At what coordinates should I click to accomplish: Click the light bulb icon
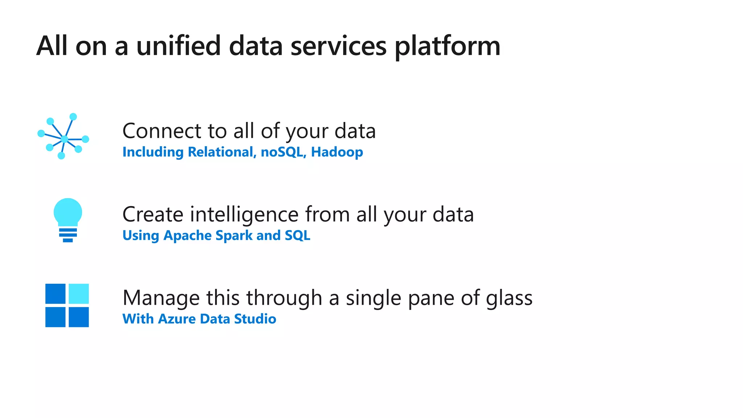(x=68, y=220)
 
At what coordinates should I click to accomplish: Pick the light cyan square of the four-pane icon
(x=79, y=294)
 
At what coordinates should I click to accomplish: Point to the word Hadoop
(x=337, y=152)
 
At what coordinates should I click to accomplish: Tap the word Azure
(x=177, y=319)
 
